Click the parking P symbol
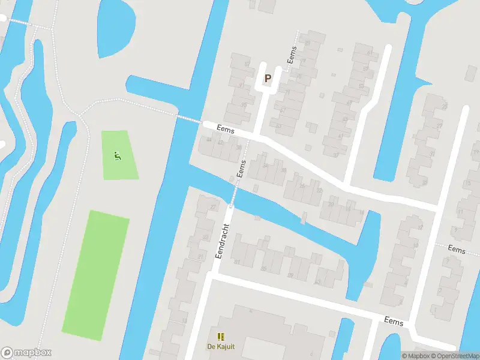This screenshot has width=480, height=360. coord(268,78)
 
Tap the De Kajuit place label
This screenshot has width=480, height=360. coord(220,347)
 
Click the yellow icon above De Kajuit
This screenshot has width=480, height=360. coord(220,337)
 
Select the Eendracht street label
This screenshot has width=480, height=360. coord(223,241)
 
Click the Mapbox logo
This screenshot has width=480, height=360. coord(26,353)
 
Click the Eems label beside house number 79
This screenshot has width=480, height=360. coord(293,58)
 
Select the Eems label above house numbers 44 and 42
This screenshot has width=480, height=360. coord(226,130)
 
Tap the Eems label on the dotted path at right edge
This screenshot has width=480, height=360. coord(457,249)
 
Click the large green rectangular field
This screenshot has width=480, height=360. coord(96,274)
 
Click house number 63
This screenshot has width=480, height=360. coord(278,125)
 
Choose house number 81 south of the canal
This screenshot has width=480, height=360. coord(237,262)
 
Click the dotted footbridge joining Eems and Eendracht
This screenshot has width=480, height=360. coord(235,193)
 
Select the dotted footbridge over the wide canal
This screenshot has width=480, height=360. coord(188,119)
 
